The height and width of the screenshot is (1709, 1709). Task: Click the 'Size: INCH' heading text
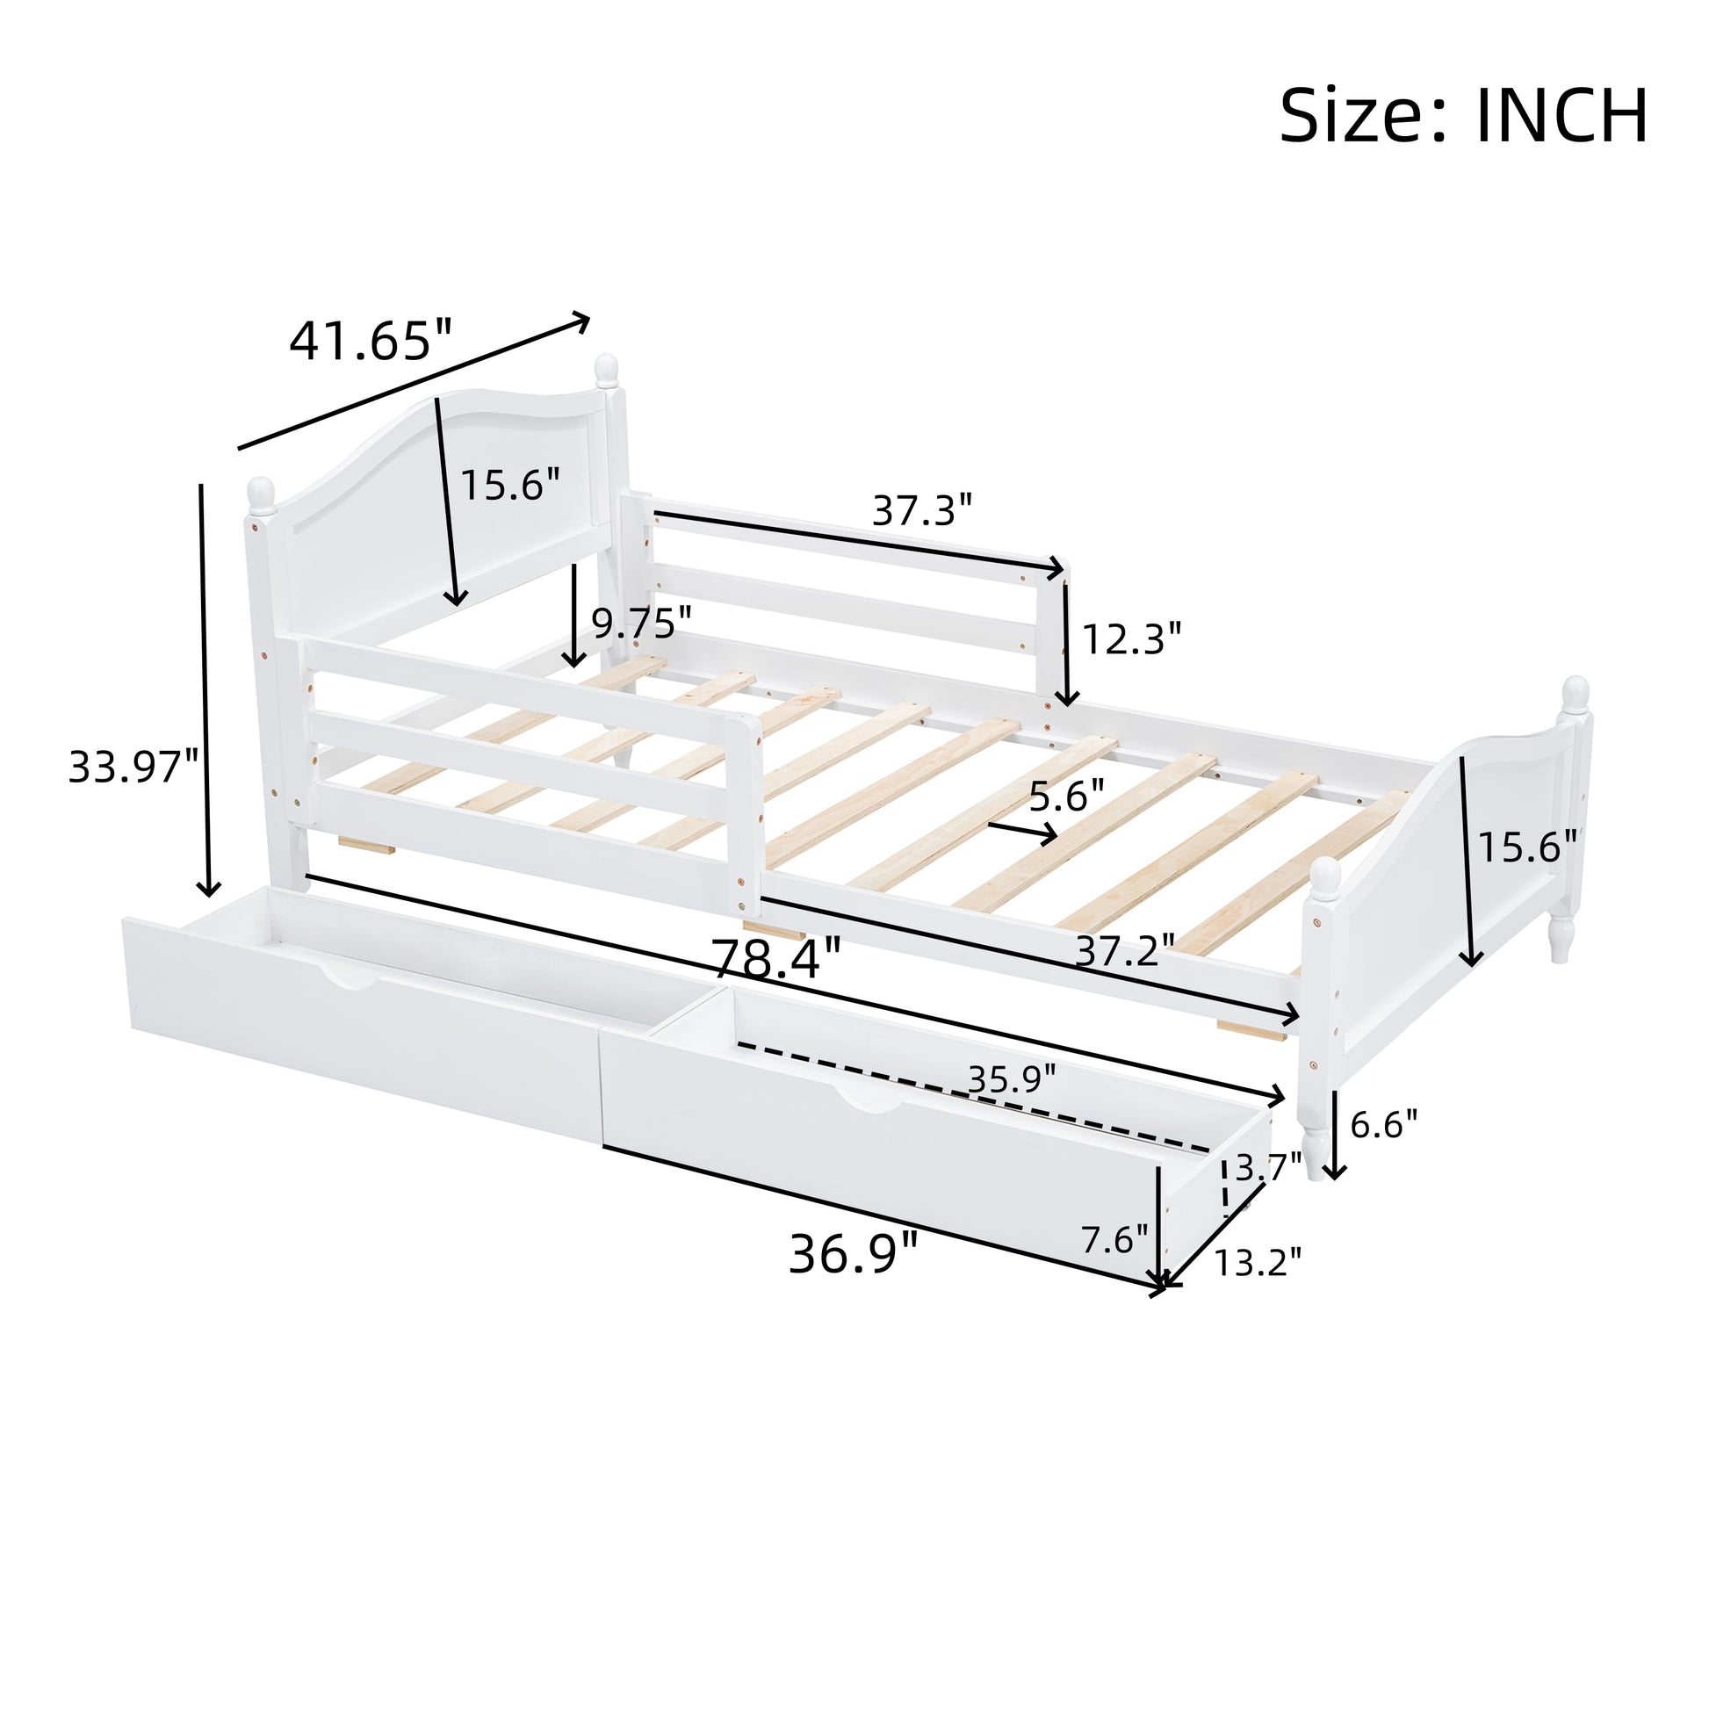1463,117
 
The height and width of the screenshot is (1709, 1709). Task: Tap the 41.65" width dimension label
371,341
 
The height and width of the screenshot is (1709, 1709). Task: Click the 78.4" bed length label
775,959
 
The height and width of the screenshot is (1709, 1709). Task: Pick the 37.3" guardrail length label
922,510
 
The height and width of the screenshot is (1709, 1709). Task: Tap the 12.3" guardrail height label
1131,638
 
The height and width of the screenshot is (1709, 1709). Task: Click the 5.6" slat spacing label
1066,797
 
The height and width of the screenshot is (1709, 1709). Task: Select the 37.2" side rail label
1124,952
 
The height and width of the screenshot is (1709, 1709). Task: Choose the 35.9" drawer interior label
1011,1079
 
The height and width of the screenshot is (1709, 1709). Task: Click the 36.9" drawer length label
854,1254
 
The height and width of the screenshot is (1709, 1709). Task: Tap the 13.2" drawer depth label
1256,1262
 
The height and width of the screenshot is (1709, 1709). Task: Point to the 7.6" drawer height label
1114,1239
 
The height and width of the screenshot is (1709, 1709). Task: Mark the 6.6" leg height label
1383,1124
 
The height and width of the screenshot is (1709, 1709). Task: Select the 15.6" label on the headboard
510,485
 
